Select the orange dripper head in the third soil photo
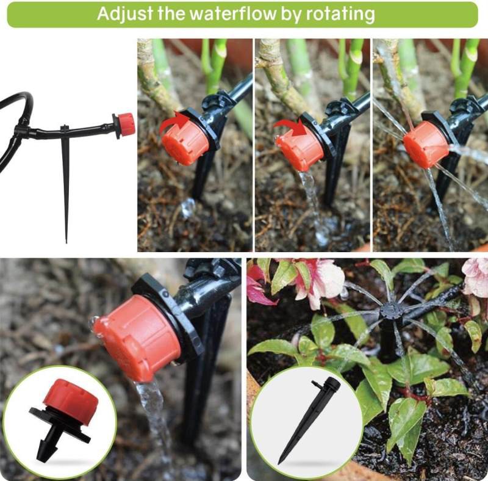pyautogui.click(x=425, y=145)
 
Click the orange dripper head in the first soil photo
pyautogui.click(x=184, y=142)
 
